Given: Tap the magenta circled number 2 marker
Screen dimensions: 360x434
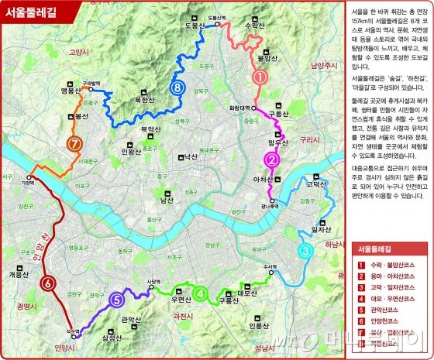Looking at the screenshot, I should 272,160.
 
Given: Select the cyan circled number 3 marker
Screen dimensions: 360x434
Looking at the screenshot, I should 305,251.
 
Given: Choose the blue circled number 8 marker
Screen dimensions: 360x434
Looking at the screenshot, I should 178,67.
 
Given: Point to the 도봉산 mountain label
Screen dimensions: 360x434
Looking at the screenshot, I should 194,26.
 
